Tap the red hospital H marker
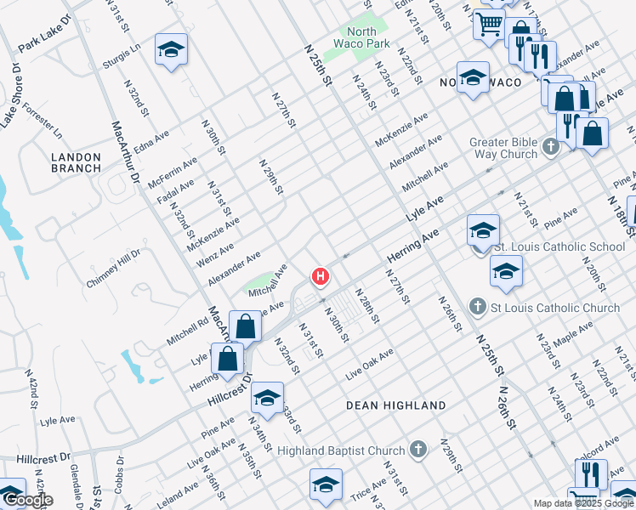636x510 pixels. coord(321,276)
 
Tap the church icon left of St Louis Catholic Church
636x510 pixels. coord(478,306)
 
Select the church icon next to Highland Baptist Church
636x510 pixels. coord(417,448)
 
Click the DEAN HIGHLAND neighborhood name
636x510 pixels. coord(395,405)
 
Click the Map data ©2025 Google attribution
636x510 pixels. coord(583,503)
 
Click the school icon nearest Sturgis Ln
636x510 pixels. coord(171,50)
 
